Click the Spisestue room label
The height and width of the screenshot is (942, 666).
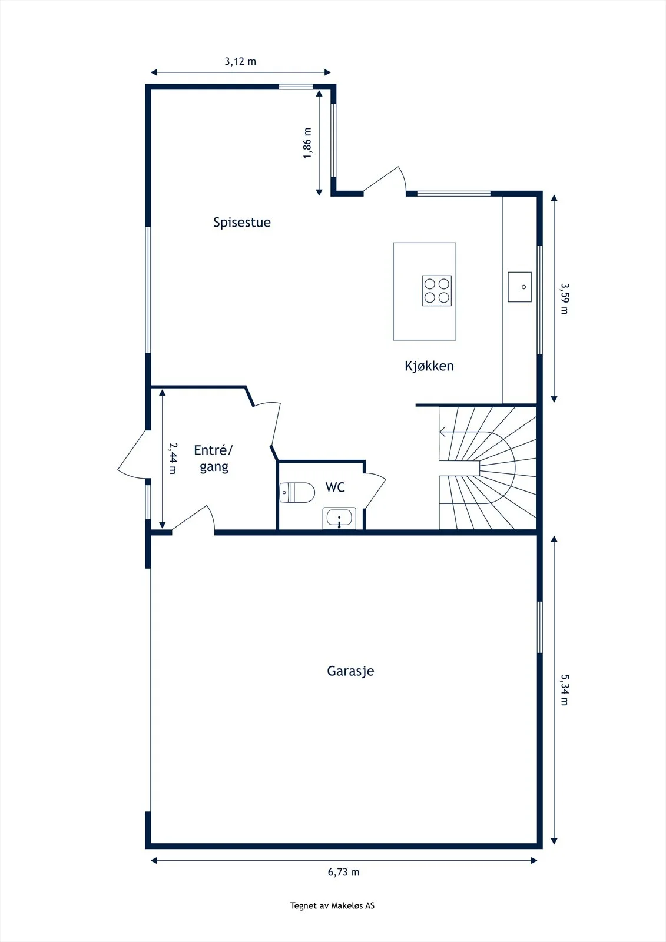pyautogui.click(x=242, y=223)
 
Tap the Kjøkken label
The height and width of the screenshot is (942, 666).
pyautogui.click(x=429, y=366)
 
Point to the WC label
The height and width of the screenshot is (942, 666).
pyautogui.click(x=335, y=487)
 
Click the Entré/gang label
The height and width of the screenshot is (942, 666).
pyautogui.click(x=213, y=459)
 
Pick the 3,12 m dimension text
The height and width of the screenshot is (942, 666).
pyautogui.click(x=240, y=61)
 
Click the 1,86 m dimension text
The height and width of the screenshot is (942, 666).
pyautogui.click(x=307, y=143)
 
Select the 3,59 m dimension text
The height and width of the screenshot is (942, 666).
pyautogui.click(x=564, y=298)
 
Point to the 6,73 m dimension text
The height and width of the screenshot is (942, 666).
pyautogui.click(x=344, y=872)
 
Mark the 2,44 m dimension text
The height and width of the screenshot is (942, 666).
pyautogui.click(x=173, y=459)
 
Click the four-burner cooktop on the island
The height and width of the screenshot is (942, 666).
pyautogui.click(x=437, y=291)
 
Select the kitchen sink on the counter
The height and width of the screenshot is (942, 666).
pyautogui.click(x=519, y=287)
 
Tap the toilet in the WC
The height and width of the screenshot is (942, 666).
pyautogui.click(x=297, y=492)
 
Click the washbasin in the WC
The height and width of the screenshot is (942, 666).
pyautogui.click(x=339, y=518)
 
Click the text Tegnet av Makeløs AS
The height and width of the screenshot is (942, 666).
pyautogui.click(x=332, y=905)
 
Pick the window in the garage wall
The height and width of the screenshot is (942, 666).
pyautogui.click(x=540, y=627)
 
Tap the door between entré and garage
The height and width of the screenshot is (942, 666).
pyautogui.click(x=194, y=519)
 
